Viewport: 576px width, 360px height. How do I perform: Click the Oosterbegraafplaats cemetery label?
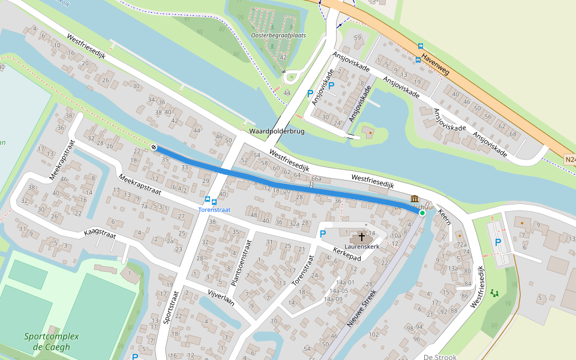(278, 35)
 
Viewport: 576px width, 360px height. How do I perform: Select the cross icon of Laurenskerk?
(362, 237)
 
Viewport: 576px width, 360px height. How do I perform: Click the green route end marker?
(422, 213)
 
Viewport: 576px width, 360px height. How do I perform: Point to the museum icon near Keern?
(415, 199)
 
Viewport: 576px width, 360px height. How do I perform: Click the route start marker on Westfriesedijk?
(154, 147)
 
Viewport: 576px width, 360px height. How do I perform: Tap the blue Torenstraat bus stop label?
(215, 209)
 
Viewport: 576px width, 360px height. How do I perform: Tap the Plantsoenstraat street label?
(240, 263)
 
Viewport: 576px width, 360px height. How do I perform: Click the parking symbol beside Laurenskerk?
(323, 234)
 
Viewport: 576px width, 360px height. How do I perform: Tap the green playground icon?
(494, 293)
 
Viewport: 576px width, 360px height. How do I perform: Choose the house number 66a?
(316, 179)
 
